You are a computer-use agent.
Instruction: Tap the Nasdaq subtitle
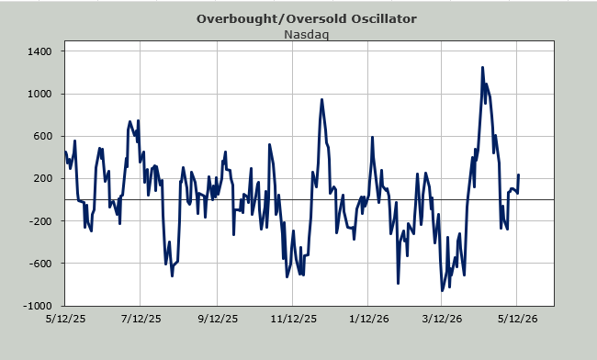[x=307, y=35]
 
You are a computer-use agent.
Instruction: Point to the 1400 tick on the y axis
[x=39, y=51]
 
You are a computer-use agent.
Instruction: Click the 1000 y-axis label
[x=39, y=94]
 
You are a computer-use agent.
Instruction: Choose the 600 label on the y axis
[x=42, y=136]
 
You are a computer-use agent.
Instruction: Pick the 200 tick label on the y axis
[x=42, y=178]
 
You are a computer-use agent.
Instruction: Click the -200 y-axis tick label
[x=40, y=221]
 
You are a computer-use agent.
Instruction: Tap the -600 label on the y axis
[x=40, y=264]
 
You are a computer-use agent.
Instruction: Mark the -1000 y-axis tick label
[x=38, y=306]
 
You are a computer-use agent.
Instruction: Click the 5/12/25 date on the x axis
[x=65, y=319]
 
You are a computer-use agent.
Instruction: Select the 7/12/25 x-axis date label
[x=141, y=319]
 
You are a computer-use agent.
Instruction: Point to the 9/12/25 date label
[x=218, y=319]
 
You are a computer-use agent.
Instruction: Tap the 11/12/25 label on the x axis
[x=294, y=319]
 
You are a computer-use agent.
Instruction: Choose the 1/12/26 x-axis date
[x=369, y=319]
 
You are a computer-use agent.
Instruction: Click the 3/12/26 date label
[x=442, y=319]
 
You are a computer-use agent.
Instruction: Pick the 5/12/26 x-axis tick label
[x=517, y=319]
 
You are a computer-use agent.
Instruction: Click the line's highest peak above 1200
[x=482, y=67]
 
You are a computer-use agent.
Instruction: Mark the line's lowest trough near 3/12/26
[x=442, y=291]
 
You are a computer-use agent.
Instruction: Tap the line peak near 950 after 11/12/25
[x=321, y=100]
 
